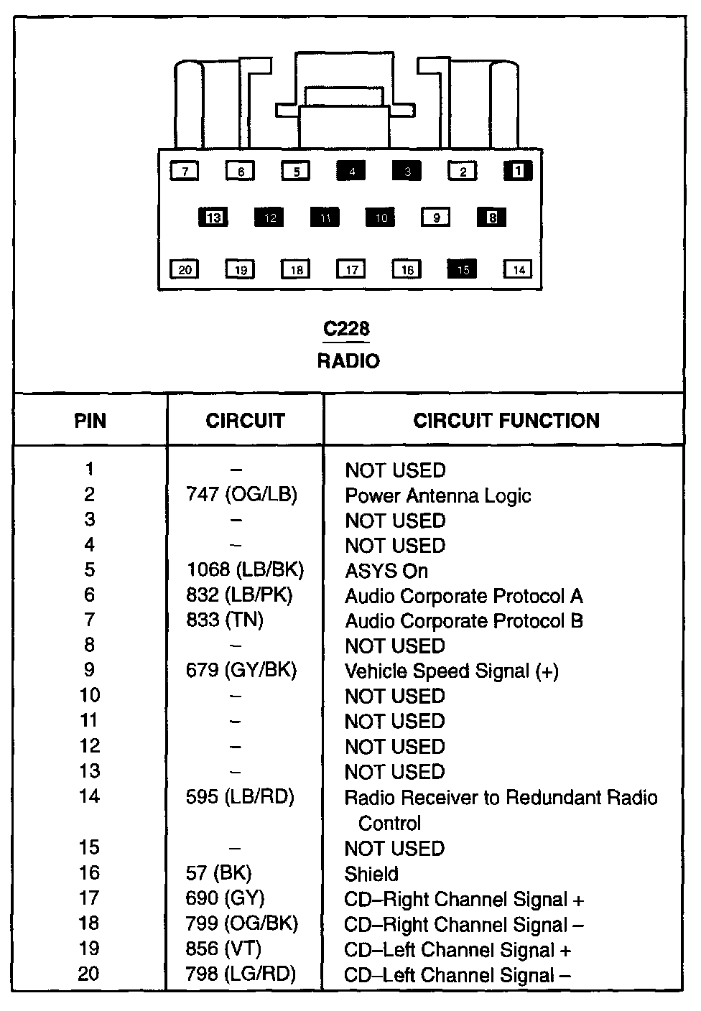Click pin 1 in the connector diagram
518,170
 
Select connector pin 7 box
185,171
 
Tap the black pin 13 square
213,217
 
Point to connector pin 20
185,269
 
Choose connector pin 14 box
518,269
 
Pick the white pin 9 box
436,217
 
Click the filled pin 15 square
463,269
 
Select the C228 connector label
346,329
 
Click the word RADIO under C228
348,360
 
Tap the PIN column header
90,421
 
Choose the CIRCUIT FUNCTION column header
506,421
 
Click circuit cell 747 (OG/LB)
241,495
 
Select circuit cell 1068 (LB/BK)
244,570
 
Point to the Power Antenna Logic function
437,496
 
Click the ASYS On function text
386,572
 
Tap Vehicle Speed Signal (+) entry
451,671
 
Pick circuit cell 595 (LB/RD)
240,797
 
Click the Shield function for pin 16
371,874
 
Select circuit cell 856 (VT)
223,949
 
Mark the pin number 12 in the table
89,746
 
